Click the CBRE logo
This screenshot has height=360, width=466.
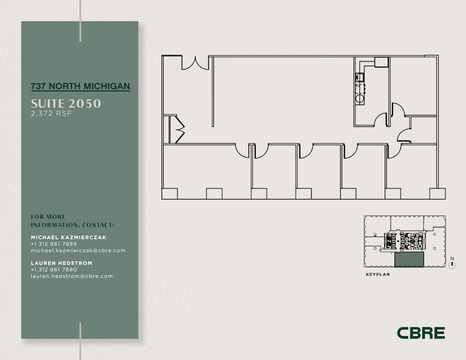(x=420, y=333)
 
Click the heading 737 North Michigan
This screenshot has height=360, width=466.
(x=80, y=86)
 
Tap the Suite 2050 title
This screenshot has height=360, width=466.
(x=66, y=104)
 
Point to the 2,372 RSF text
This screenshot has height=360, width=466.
(x=51, y=114)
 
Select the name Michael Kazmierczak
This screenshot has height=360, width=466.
(x=69, y=237)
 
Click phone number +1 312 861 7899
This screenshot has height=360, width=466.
(x=54, y=244)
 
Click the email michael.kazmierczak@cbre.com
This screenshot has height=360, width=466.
(x=78, y=251)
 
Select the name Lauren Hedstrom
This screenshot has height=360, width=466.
(x=62, y=263)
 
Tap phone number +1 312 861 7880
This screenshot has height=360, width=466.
(x=54, y=270)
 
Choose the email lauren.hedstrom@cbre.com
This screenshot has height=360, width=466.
(x=71, y=277)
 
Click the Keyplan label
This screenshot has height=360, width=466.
(x=377, y=275)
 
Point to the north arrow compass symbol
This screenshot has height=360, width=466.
(x=452, y=265)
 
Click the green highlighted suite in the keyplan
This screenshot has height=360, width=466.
(x=409, y=260)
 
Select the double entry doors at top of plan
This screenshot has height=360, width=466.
(x=195, y=63)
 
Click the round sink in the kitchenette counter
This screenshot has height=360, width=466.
(x=359, y=98)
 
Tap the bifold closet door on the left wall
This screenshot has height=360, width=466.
(x=178, y=129)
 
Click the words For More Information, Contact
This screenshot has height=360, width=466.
(x=72, y=221)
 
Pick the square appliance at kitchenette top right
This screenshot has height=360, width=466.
(x=382, y=62)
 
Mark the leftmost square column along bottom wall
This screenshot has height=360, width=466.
(x=169, y=194)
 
